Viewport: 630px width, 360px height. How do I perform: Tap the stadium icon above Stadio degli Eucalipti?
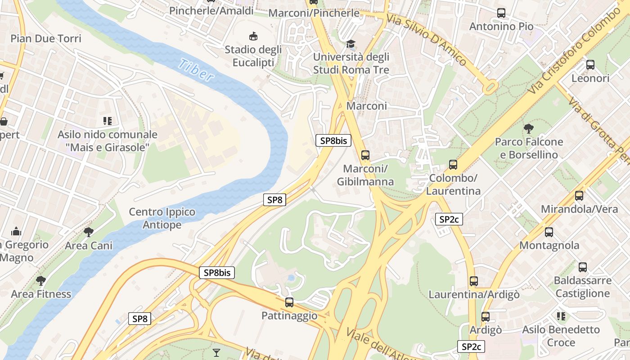253,36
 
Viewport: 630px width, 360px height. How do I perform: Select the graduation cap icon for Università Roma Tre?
351,44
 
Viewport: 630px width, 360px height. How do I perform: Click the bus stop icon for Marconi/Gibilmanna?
365,155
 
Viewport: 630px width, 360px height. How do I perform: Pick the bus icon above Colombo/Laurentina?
453,165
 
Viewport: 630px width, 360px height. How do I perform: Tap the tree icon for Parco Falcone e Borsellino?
528,129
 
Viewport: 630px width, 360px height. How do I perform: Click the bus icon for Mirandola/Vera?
579,196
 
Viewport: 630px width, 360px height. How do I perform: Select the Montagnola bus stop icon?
549,232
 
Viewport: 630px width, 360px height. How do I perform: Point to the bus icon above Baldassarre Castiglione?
583,267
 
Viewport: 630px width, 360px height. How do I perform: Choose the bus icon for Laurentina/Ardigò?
474,281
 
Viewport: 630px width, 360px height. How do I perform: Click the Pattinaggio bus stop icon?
289,302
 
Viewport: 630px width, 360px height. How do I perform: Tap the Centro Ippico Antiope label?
162,218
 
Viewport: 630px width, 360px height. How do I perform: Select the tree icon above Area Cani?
89,232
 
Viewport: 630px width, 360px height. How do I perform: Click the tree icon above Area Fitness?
41,281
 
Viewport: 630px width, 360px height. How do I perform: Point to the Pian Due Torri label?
46,38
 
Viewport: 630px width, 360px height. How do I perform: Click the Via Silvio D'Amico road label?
427,40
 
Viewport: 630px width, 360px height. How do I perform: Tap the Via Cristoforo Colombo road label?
573,53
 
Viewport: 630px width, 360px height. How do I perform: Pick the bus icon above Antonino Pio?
501,13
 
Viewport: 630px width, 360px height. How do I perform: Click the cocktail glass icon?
216,352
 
